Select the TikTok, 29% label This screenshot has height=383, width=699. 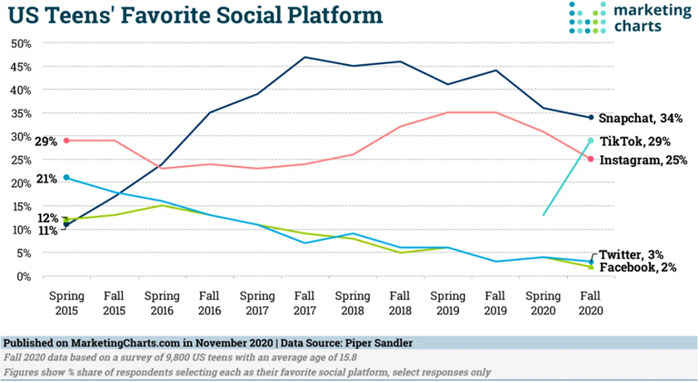(635, 142)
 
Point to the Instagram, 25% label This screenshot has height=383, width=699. (643, 160)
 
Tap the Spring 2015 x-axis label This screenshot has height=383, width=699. (66, 302)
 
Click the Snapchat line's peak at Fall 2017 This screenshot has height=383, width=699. (306, 57)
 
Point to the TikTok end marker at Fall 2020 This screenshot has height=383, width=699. (590, 140)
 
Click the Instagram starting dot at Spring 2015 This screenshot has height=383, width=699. (66, 140)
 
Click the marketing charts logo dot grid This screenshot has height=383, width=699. (588, 18)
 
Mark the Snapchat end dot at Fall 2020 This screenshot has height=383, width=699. (590, 117)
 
